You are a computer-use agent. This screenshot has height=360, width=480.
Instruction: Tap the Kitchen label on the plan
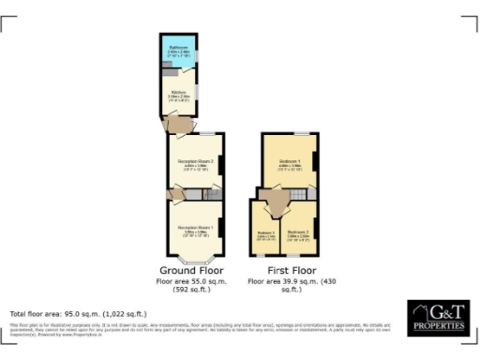178,93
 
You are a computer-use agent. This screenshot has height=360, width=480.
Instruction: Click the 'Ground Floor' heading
194,270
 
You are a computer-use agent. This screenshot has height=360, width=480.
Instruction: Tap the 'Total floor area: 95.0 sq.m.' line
78,313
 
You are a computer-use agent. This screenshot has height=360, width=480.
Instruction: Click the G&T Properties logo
436,317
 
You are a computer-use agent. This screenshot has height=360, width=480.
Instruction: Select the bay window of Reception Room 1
196,260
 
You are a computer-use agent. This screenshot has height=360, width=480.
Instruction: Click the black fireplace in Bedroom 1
315,161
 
